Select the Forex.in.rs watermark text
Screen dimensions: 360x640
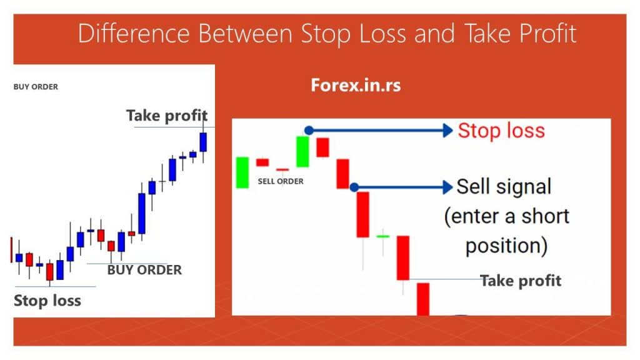coord(356,86)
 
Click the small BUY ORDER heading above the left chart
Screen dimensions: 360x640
coord(36,87)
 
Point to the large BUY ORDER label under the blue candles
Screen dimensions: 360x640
coord(144,270)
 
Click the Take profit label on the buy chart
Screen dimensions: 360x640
coord(166,116)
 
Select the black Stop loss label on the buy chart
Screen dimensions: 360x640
coord(47,300)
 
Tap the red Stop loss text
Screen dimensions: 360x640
coord(501,131)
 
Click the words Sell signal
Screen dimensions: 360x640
coord(504,186)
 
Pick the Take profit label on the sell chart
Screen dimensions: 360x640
coord(521,280)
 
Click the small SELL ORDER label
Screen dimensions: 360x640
coord(281,181)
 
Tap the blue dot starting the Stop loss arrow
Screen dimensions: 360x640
coord(308,130)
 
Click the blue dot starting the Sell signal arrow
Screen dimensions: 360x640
coord(354,187)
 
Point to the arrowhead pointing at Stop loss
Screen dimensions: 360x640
coord(446,130)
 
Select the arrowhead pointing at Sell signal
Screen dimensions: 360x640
coord(446,187)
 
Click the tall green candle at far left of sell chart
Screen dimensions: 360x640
coord(242,172)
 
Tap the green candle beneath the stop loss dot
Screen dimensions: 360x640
coord(302,152)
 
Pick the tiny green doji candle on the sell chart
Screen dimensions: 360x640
coord(382,236)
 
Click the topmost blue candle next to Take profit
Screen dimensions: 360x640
coord(203,142)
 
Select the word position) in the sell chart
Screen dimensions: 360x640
coord(507,246)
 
